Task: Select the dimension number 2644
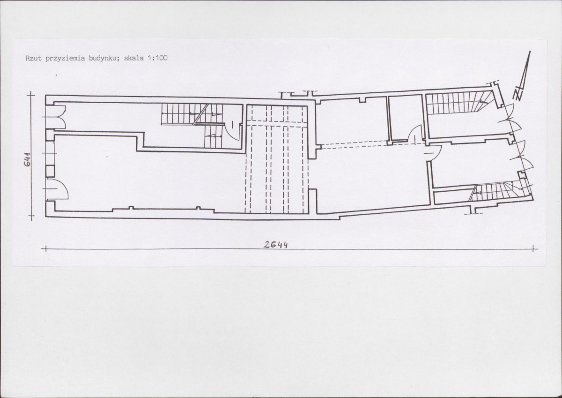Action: pos(275,245)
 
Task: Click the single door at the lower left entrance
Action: pos(57,188)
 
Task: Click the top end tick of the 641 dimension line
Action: pos(31,96)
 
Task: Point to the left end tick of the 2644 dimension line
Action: pos(46,249)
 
